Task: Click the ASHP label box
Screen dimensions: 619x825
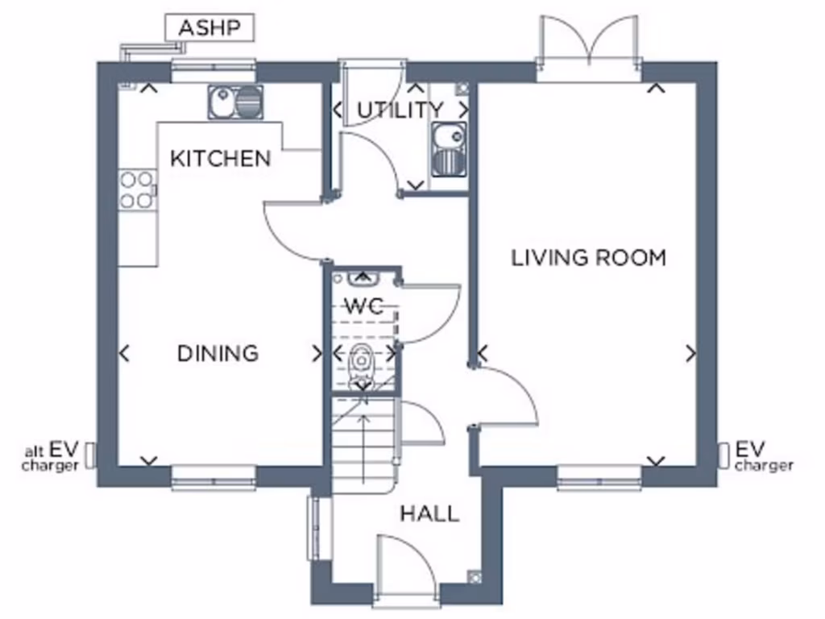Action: (x=209, y=28)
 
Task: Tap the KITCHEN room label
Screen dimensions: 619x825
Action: (x=220, y=158)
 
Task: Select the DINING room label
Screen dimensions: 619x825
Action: (x=218, y=353)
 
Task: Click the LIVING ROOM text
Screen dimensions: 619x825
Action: (x=589, y=258)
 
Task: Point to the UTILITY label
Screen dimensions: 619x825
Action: (x=400, y=110)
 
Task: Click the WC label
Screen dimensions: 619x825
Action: (x=363, y=306)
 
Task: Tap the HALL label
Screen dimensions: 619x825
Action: (x=429, y=513)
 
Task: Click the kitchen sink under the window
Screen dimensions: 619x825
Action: (x=236, y=102)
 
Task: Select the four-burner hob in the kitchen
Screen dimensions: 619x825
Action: (x=137, y=190)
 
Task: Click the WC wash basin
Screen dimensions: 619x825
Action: (x=362, y=279)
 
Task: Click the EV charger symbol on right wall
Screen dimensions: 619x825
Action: (x=723, y=455)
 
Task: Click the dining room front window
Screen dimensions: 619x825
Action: (x=214, y=478)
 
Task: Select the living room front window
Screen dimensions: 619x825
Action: (x=599, y=478)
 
